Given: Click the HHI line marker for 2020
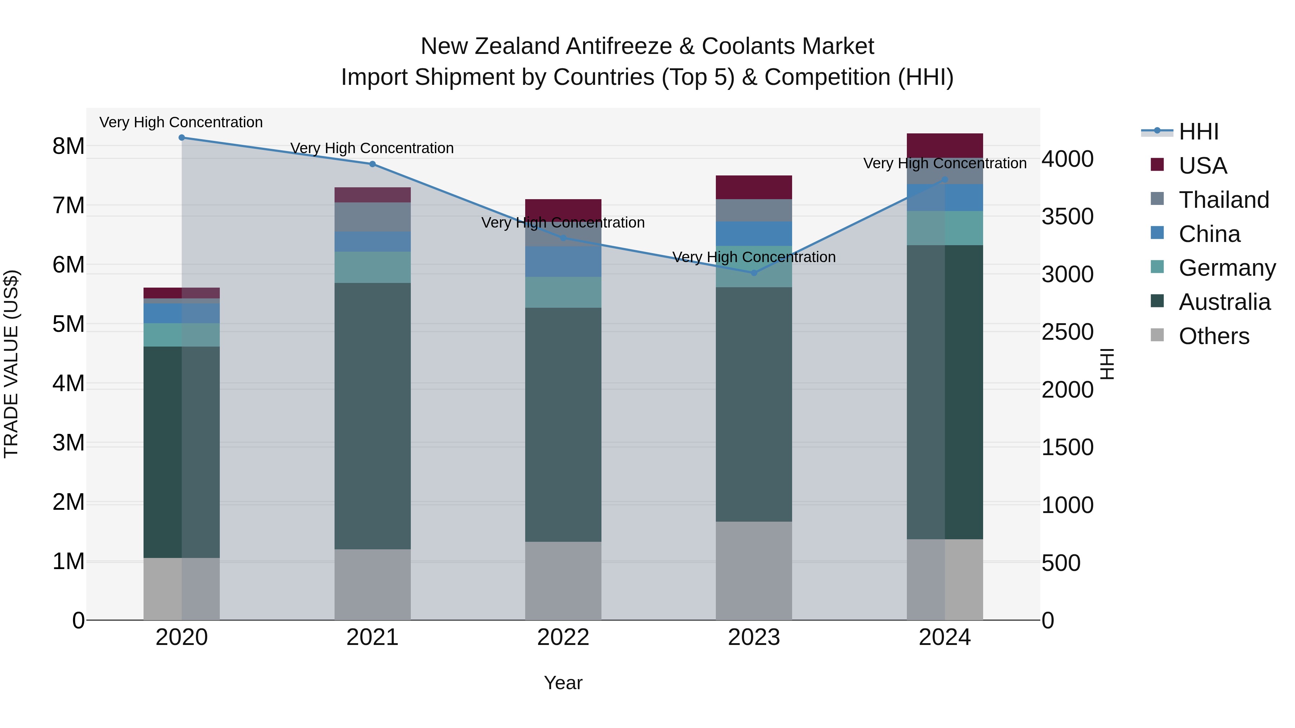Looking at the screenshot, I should pyautogui.click(x=182, y=138).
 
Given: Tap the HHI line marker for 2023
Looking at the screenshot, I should pyautogui.click(x=754, y=273).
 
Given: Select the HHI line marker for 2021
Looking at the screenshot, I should pyautogui.click(x=373, y=164).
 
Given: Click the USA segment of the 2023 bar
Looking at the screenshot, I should pyautogui.click(x=754, y=187).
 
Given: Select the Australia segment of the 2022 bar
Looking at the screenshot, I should pyautogui.click(x=563, y=425).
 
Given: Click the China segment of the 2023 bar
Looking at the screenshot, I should pyautogui.click(x=754, y=234).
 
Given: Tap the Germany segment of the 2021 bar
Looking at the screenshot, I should pyautogui.click(x=373, y=267).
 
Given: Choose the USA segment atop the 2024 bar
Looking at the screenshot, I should pyautogui.click(x=945, y=146).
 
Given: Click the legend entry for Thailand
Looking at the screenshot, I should pyautogui.click(x=1224, y=200).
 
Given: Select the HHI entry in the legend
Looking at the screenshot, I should pyautogui.click(x=1199, y=132).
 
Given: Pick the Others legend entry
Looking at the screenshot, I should pyautogui.click(x=1214, y=336).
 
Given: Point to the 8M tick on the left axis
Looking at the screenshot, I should pyautogui.click(x=68, y=146).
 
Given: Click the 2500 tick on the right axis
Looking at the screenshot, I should pyautogui.click(x=1067, y=332).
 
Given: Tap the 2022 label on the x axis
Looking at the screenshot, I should pyautogui.click(x=563, y=637).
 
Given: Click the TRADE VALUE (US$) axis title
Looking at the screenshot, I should pyautogui.click(x=11, y=364).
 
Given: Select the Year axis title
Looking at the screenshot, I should pyautogui.click(x=563, y=683).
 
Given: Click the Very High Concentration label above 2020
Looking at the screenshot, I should pyautogui.click(x=181, y=122).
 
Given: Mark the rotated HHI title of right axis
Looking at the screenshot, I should pyautogui.click(x=1107, y=364).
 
